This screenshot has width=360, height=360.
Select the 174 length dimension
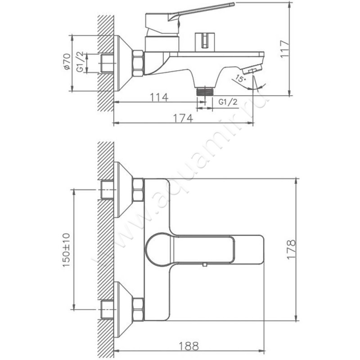click(183, 118)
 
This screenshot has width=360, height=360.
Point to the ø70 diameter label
click(66, 62)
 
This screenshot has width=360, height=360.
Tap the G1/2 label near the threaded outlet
click(228, 102)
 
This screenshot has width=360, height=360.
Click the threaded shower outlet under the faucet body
click(205, 91)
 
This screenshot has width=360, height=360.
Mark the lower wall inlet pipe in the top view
click(107, 309)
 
